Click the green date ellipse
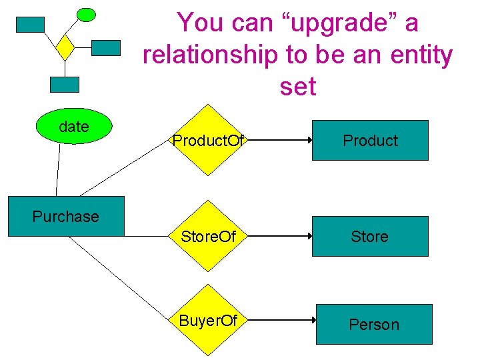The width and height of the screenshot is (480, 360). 73,127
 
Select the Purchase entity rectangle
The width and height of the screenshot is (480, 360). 65,217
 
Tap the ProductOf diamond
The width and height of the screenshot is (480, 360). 209,140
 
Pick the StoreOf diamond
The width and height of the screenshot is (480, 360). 209,236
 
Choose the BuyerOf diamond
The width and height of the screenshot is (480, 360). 209,321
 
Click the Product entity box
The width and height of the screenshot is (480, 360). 370,141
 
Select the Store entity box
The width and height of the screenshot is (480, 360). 370,237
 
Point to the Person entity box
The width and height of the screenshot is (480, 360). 374,325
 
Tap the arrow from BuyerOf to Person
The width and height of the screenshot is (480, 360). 280,321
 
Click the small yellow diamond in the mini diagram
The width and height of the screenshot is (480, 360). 65,47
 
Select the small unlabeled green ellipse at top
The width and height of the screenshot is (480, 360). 86,14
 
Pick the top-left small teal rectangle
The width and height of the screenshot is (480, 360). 30,25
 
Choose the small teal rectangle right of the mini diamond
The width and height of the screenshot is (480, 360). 105,47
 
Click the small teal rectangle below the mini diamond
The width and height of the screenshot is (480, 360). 65,85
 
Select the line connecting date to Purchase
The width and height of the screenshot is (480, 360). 57,170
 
